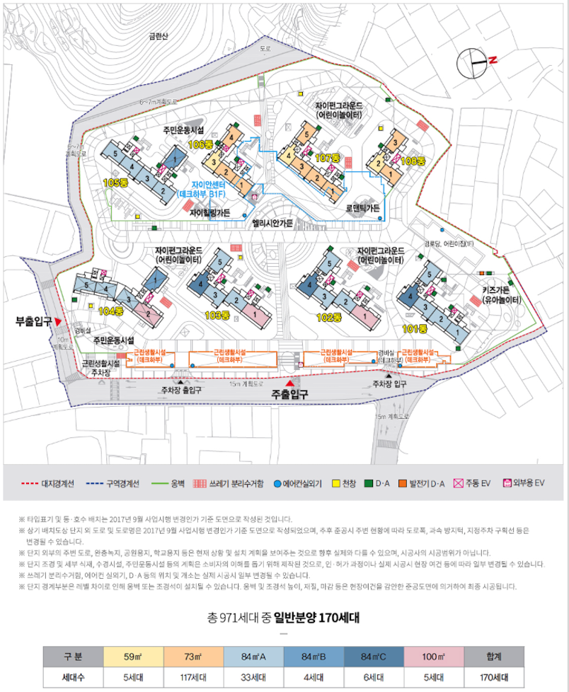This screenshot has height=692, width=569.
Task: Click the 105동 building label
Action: pyautogui.click(x=114, y=183)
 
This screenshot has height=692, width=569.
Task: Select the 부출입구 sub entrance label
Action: pyautogui.click(x=33, y=322)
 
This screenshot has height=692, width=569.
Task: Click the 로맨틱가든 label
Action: pyautogui.click(x=363, y=209)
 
